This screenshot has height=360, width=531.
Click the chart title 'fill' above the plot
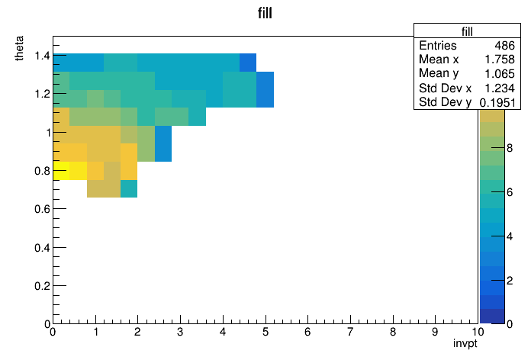265,13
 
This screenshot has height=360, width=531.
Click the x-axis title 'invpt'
465,343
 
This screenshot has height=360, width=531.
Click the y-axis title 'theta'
19,48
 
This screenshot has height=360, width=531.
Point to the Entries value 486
504,45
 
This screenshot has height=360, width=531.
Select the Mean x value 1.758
500,59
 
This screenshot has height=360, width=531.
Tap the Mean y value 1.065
500,73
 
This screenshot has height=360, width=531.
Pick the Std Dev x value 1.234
500,88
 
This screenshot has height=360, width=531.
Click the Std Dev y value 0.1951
497,102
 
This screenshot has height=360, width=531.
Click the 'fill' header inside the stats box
467,31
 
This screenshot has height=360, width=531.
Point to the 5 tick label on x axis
265,332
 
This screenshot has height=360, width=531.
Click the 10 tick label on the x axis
478,332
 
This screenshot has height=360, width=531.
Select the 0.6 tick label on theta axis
42,209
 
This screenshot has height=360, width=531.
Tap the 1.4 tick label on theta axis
42,55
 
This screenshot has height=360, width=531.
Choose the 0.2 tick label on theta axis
42,286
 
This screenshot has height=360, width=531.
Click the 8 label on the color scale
510,148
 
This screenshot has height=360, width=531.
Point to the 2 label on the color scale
510,281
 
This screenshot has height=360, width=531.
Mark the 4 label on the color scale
510,236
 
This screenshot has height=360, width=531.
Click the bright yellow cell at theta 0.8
61,171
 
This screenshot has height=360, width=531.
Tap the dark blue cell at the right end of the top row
248,63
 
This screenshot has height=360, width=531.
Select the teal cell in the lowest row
129,188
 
